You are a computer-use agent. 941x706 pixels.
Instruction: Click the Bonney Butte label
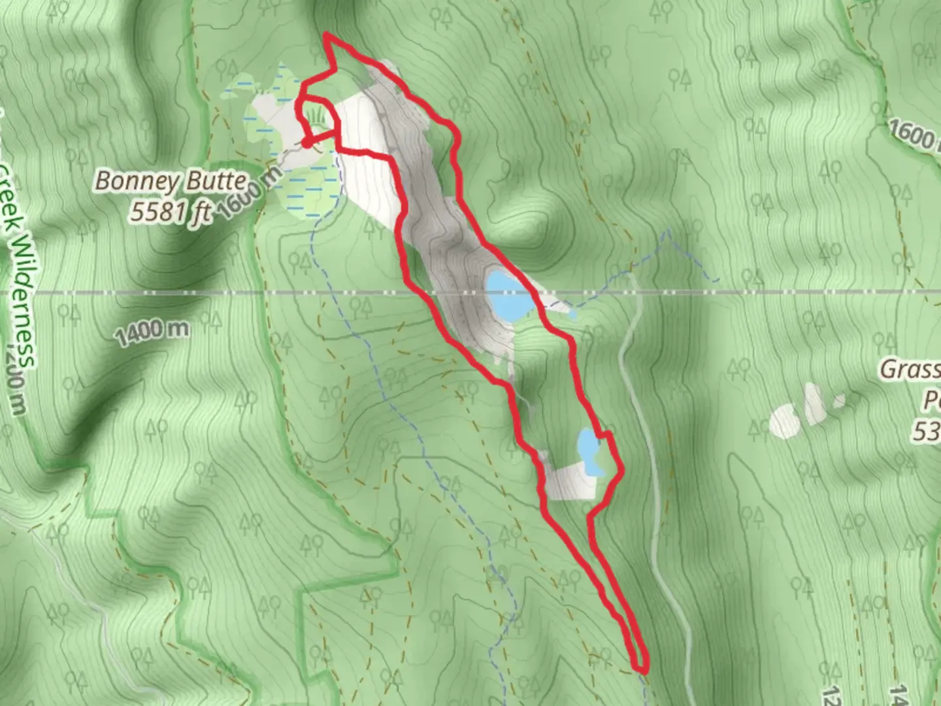point(171,181)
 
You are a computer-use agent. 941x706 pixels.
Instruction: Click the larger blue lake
point(507,295)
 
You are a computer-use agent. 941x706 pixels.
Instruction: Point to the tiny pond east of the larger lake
point(572,314)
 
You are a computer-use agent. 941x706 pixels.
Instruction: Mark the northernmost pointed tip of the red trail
point(325,35)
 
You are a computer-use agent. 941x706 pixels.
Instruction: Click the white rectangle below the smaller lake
point(570,482)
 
